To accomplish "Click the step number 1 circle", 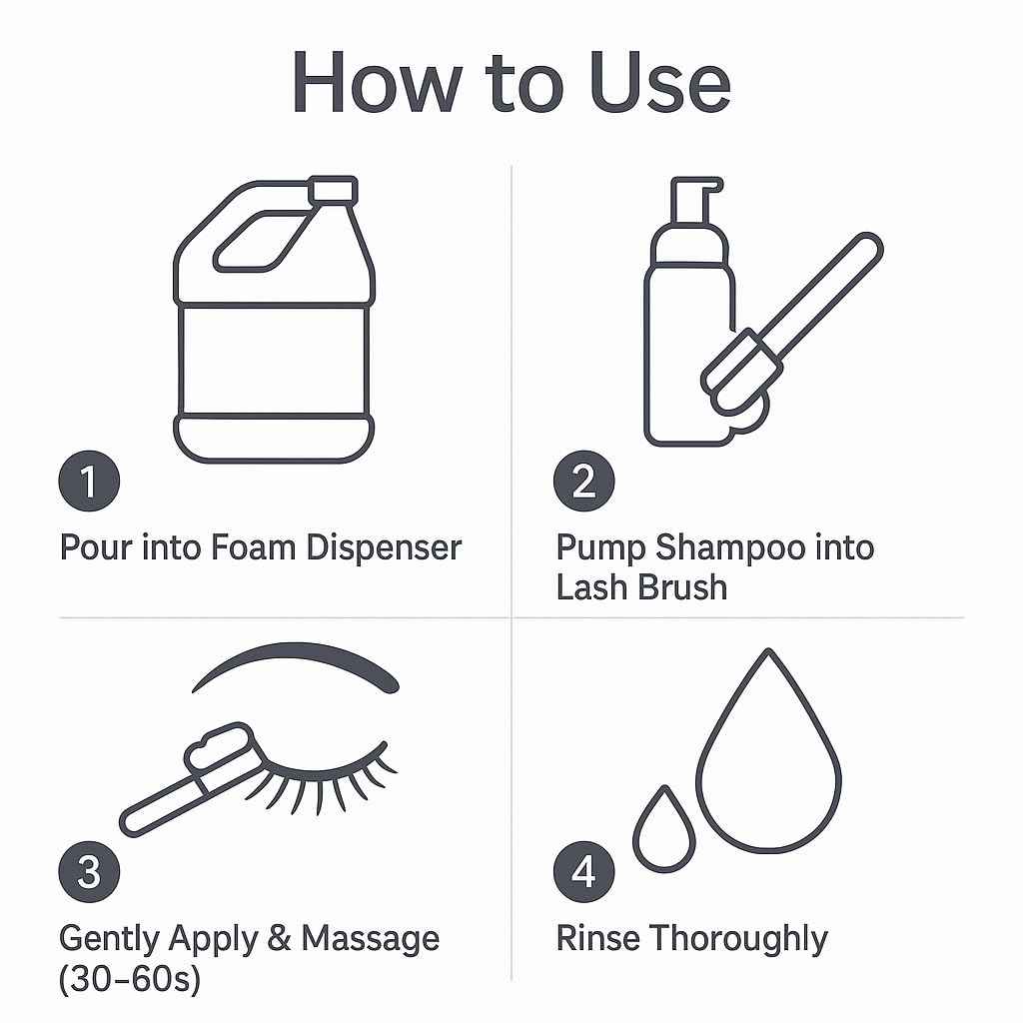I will point(89,482).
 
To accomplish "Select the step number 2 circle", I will point(584,482).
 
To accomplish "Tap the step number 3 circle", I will point(89,872).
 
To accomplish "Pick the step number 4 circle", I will point(584,872).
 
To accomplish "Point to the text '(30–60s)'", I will point(130,979).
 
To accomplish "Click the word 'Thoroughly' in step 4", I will point(738,939).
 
